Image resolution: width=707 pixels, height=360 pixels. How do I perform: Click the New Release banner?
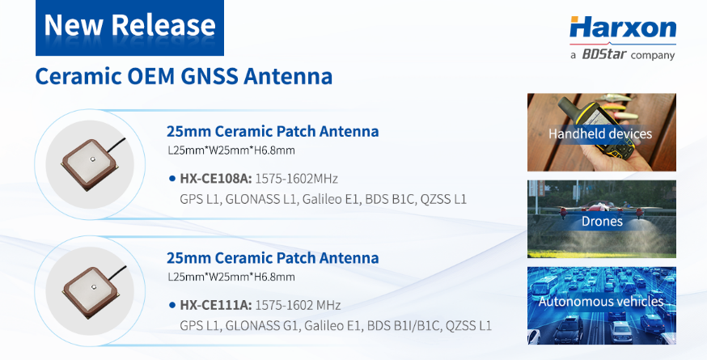[129, 26]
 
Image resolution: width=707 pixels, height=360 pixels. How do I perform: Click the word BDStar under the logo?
[603, 55]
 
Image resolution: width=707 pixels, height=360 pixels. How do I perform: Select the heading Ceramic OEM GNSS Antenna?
[184, 77]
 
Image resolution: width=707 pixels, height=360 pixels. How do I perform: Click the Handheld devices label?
[600, 133]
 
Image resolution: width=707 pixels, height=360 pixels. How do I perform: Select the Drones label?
[600, 221]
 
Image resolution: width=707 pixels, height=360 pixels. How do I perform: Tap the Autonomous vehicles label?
[601, 302]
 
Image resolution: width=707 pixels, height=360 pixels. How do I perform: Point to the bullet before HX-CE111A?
[172, 305]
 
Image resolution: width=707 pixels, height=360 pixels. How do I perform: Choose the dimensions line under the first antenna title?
[231, 150]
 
